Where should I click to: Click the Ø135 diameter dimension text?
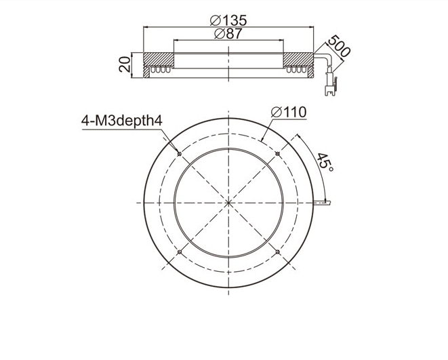pyautogui.click(x=228, y=20)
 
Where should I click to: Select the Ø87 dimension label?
pyautogui.click(x=228, y=34)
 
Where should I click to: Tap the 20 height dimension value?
pyautogui.click(x=125, y=64)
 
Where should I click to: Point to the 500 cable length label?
pyautogui.click(x=339, y=46)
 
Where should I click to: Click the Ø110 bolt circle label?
pyautogui.click(x=289, y=113)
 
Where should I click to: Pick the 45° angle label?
pyautogui.click(x=325, y=162)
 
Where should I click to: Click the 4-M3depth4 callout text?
pyautogui.click(x=122, y=121)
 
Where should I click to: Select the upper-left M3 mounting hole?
pyautogui.click(x=180, y=154)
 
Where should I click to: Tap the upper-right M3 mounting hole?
pyautogui.click(x=277, y=154)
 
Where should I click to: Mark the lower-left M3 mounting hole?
pyautogui.click(x=180, y=252)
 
